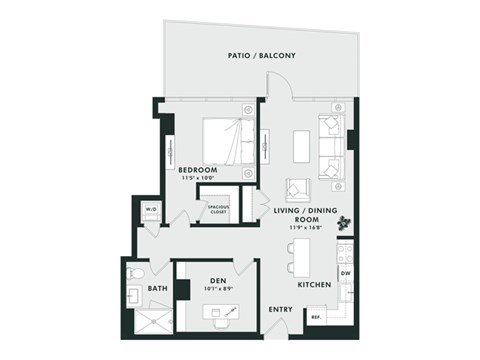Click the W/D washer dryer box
[x=152, y=209]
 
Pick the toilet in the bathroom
[x=136, y=271]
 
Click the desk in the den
[x=222, y=312]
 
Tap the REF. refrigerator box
[x=315, y=319]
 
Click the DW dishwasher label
[x=344, y=273]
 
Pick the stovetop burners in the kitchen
[x=345, y=251]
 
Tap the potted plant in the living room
[x=346, y=221]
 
